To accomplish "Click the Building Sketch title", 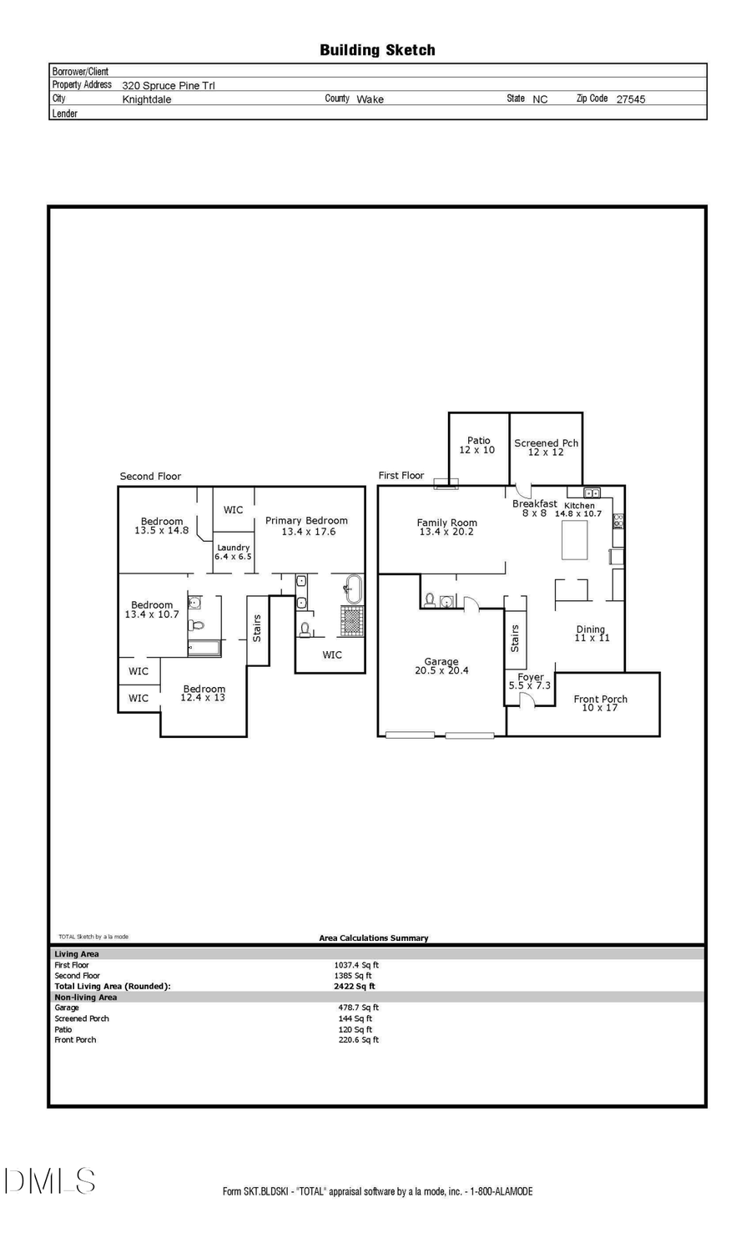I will [377, 50].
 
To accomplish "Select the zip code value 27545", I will [630, 99].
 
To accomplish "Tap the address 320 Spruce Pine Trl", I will [168, 85].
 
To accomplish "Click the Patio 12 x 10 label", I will [477, 445].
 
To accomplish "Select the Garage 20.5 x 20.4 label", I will [441, 665].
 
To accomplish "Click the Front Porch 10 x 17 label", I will [600, 703].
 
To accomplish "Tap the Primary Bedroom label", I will [306, 526].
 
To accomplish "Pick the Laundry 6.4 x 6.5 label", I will [233, 552].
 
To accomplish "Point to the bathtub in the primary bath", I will [354, 589].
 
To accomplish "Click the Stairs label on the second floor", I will [257, 627].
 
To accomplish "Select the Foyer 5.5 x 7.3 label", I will [530, 681].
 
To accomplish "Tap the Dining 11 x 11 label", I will [592, 634].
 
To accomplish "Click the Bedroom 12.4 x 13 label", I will [204, 693].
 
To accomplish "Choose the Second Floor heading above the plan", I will [150, 476].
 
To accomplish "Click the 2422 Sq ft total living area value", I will [354, 986].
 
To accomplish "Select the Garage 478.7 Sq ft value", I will [358, 1008].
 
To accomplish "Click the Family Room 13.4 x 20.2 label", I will [446, 527].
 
